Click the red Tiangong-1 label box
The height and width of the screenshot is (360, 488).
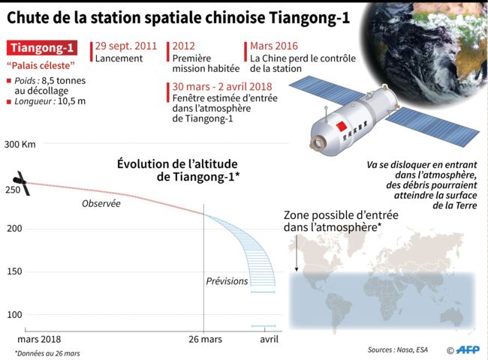click(x=42, y=48)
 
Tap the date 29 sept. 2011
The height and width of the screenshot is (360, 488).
click(x=126, y=46)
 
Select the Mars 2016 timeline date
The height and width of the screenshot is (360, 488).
click(x=274, y=46)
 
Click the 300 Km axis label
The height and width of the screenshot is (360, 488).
click(x=20, y=144)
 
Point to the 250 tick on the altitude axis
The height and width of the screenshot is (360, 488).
click(x=13, y=190)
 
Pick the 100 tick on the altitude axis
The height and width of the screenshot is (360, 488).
click(x=14, y=314)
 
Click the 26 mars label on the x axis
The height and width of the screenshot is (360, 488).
click(x=206, y=339)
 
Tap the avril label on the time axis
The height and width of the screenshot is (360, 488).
click(x=270, y=339)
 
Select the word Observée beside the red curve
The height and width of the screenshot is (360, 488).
click(x=101, y=204)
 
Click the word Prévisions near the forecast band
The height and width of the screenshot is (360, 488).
click(x=227, y=281)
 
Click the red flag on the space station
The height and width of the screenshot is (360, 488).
click(x=342, y=127)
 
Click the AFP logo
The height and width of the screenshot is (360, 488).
click(x=468, y=350)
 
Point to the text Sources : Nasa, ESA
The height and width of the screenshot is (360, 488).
click(x=398, y=349)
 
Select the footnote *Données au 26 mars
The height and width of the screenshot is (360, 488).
click(x=47, y=353)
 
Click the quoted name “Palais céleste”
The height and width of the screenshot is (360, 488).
click(x=41, y=65)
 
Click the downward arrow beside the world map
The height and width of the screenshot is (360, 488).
click(x=297, y=253)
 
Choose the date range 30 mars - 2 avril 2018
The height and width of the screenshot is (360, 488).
click(x=222, y=86)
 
